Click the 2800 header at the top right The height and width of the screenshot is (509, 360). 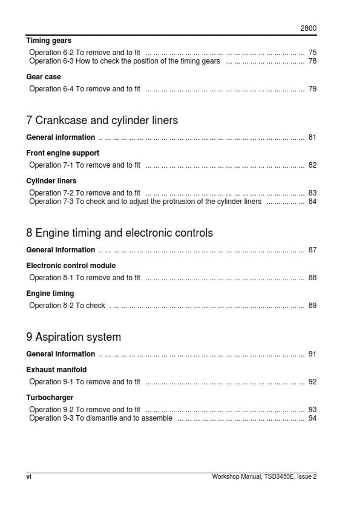[309, 28]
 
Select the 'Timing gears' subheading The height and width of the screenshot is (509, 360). [48, 41]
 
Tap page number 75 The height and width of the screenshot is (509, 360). [312, 53]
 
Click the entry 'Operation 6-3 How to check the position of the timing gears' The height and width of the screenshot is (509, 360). [125, 61]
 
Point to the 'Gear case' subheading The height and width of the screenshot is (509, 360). [44, 77]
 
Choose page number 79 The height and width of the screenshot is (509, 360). [312, 89]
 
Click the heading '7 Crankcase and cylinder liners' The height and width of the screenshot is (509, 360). [102, 120]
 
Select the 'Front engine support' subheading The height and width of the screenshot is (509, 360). [63, 153]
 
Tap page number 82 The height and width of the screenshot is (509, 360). [312, 165]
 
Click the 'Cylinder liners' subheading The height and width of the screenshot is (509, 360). [51, 181]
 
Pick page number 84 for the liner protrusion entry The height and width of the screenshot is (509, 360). [312, 202]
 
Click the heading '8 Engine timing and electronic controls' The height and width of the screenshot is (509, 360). [120, 233]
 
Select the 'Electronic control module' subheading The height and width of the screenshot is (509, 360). [71, 266]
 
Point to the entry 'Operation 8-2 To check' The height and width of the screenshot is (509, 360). [67, 306]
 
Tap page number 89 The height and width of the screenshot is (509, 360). [312, 306]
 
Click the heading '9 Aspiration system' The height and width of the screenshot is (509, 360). [74, 337]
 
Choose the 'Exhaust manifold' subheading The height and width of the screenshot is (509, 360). [56, 370]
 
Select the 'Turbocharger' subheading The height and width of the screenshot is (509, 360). [50, 398]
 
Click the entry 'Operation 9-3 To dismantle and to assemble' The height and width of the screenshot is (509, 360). [101, 418]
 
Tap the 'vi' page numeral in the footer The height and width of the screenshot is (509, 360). [29, 476]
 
